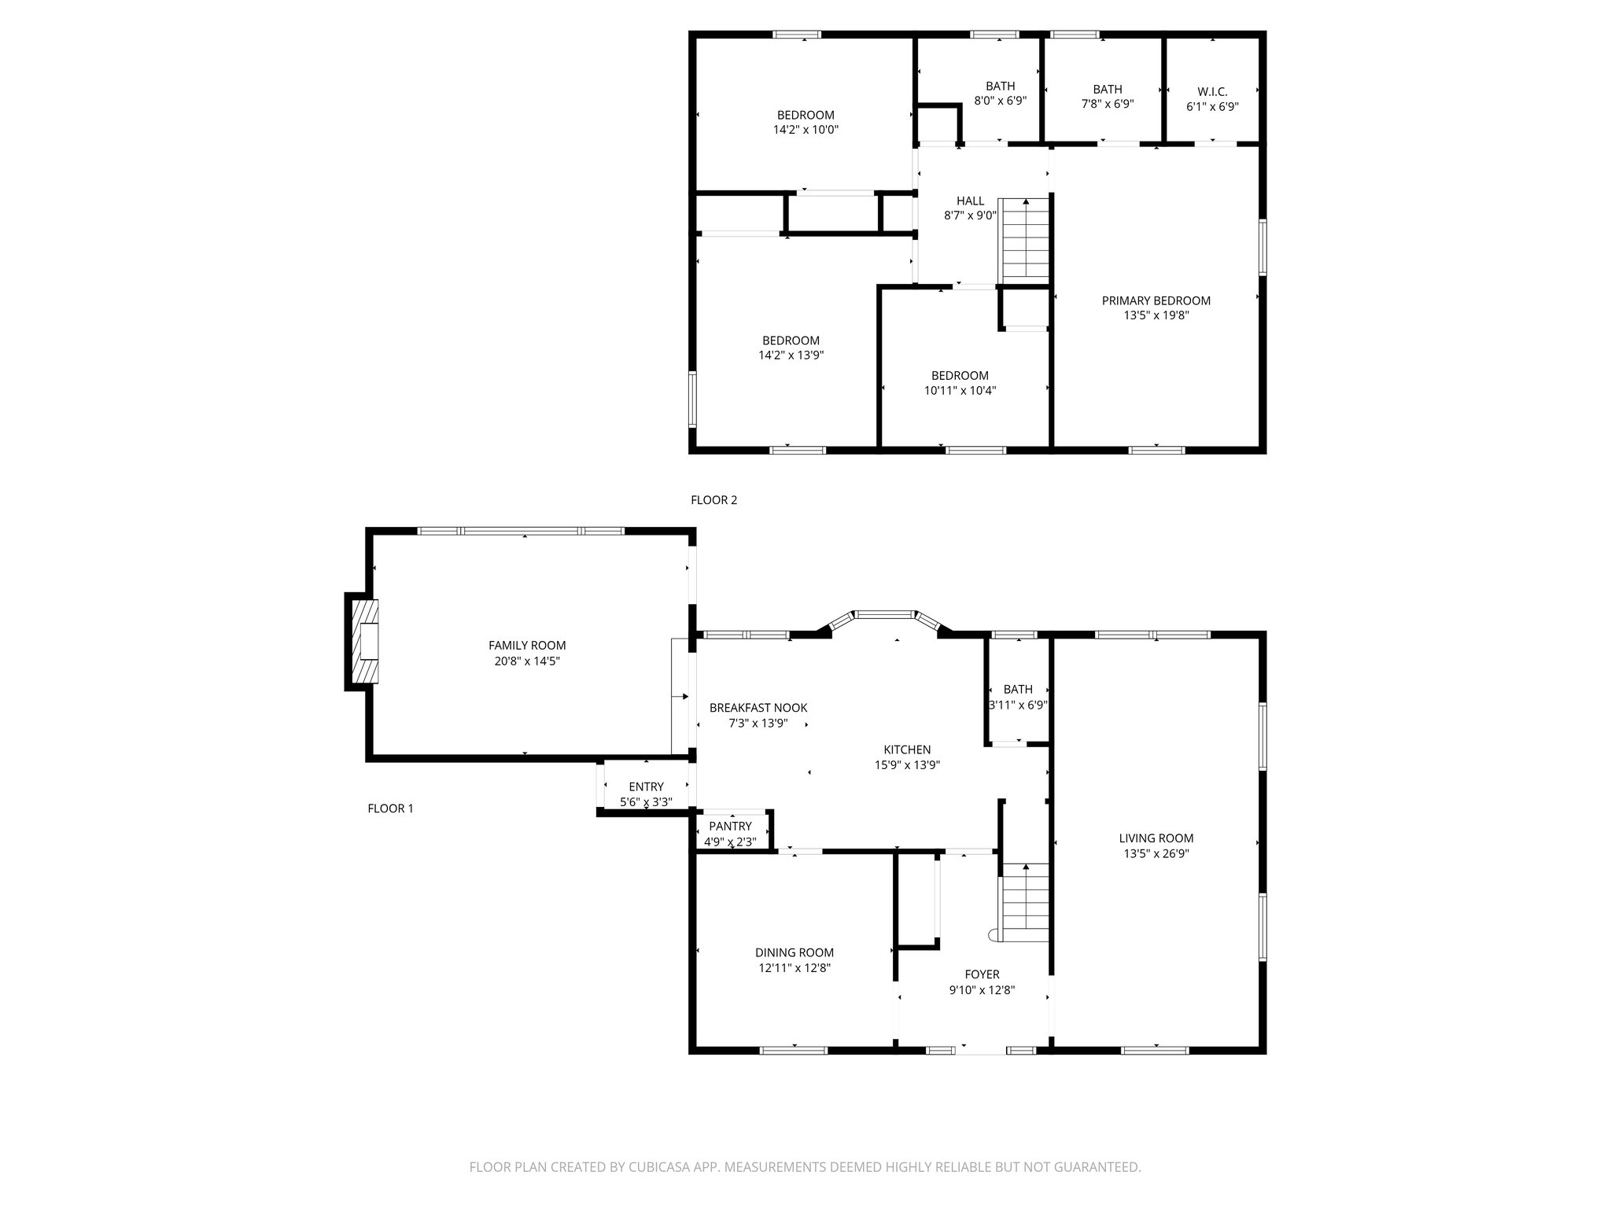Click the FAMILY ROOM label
pos(526,646)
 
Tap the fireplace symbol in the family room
pos(366,641)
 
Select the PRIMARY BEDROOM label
pos(1156,300)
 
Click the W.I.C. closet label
pos(1211,92)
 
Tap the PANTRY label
pos(730,826)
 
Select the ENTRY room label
pos(646,786)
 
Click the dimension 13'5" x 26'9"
pos(1156,853)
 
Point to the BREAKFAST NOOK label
pos(758,708)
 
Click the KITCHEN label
pos(907,749)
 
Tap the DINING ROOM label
pos(794,952)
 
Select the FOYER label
pos(982,974)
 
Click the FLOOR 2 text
pos(713,500)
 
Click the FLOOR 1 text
pos(390,808)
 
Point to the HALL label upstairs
pos(970,201)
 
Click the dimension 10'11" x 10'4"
pos(960,390)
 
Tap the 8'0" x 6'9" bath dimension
pos(1000,101)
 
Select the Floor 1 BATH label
pos(1018,689)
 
